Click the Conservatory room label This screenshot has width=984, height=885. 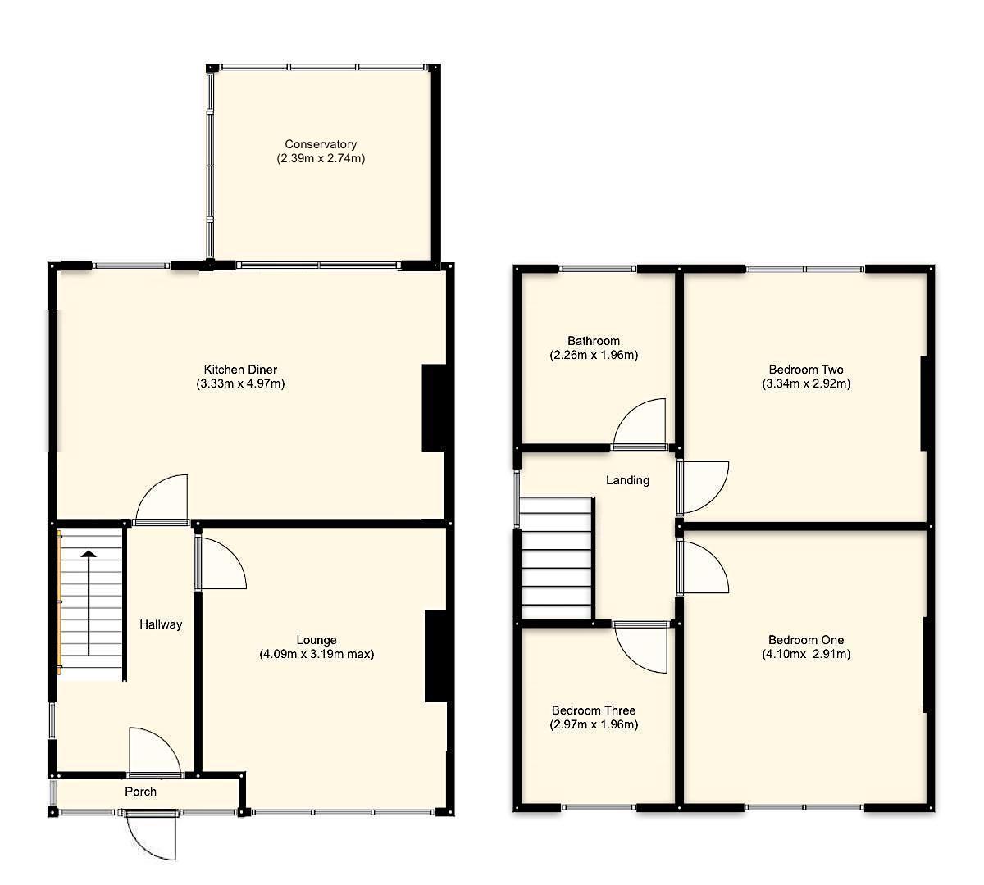point(321,144)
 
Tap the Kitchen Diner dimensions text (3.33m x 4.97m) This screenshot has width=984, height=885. point(240,383)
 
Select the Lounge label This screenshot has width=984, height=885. point(317,640)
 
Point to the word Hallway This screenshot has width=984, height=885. point(160,624)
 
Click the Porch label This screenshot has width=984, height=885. point(140,792)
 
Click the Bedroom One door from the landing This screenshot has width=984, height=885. point(704,568)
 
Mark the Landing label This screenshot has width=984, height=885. point(627,480)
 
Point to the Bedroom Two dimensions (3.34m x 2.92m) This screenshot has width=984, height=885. point(806,383)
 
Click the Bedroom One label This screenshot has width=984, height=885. point(806,640)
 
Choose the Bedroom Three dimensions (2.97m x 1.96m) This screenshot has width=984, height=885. point(594,724)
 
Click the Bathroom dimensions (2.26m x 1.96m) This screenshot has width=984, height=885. point(594,356)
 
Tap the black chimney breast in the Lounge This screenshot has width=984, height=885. point(435,656)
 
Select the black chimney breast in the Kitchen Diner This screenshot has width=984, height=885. point(433,408)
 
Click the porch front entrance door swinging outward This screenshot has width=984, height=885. point(153,836)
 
